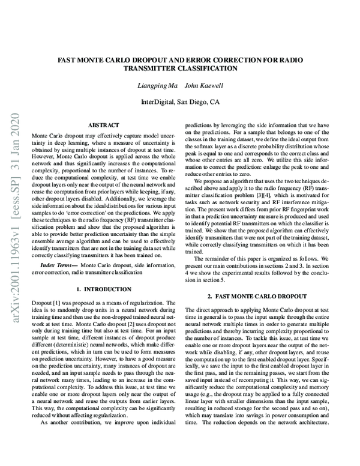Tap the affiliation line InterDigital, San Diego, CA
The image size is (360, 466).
[x=179, y=102]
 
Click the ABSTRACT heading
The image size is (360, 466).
[x=103, y=125]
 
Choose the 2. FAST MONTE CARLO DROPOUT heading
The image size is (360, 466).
[x=256, y=297]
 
